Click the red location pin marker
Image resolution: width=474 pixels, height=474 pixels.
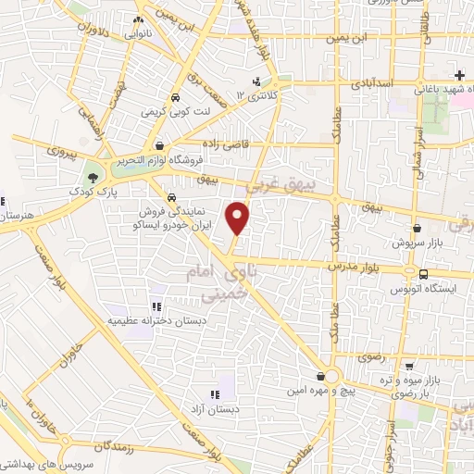click(239, 217)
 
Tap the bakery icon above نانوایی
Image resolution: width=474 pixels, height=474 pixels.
click(138, 19)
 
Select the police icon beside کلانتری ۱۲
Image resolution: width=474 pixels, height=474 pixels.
click(256, 81)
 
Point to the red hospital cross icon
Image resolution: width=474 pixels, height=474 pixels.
click(459, 74)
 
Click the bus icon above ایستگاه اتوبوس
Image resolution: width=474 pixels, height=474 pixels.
click(423, 274)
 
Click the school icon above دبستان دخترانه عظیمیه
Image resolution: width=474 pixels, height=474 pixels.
click(155, 306)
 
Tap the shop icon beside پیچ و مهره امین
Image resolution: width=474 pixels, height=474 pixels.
click(320, 375)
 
